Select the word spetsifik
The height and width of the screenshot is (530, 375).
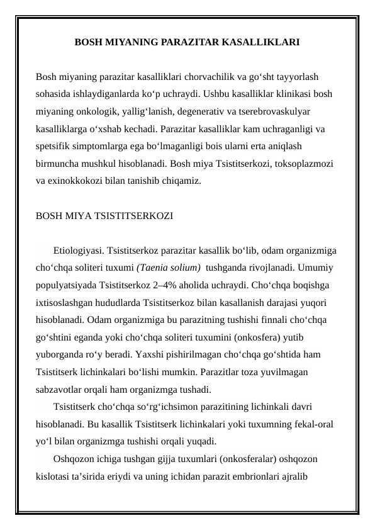(x=55, y=147)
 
